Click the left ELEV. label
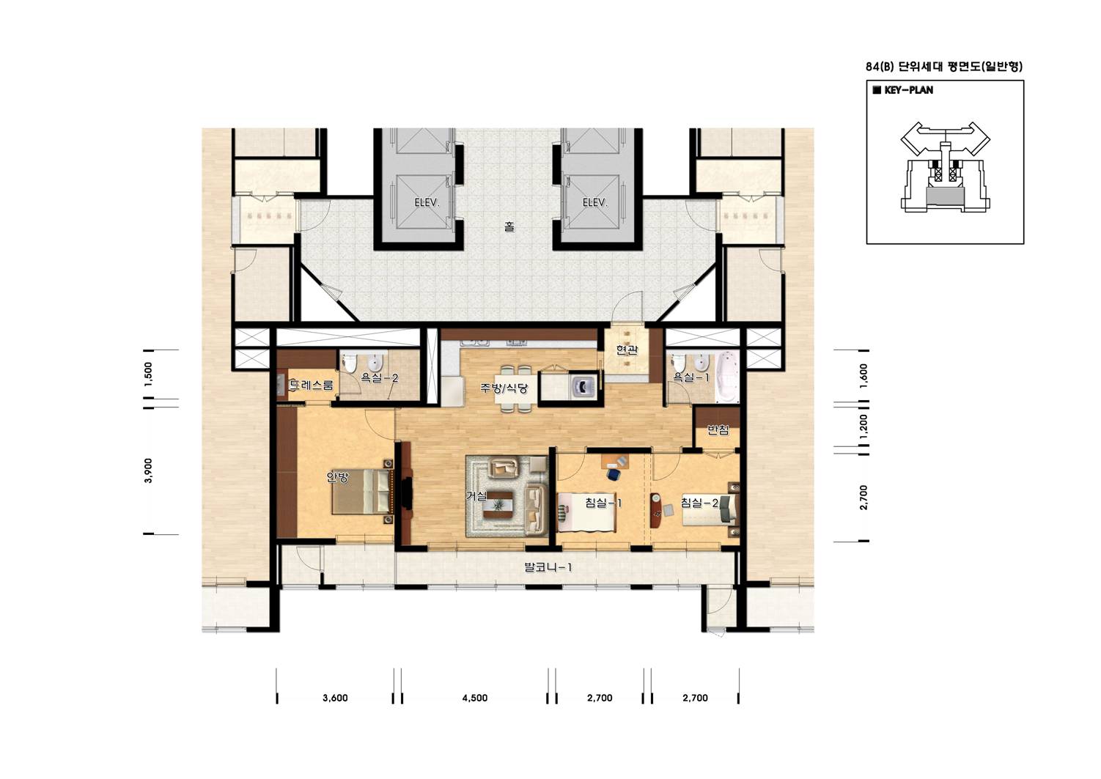427,202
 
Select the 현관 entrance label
627,350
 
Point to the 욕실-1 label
691,377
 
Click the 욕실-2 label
379,378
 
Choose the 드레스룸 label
311,385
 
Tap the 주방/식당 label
504,388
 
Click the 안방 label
338,477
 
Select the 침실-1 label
603,503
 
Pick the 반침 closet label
718,431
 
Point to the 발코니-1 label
548,568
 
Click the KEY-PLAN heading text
909,90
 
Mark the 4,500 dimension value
475,698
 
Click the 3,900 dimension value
149,470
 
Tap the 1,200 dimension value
864,427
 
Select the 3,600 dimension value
335,698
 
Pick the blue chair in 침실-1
614,473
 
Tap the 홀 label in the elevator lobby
509,227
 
